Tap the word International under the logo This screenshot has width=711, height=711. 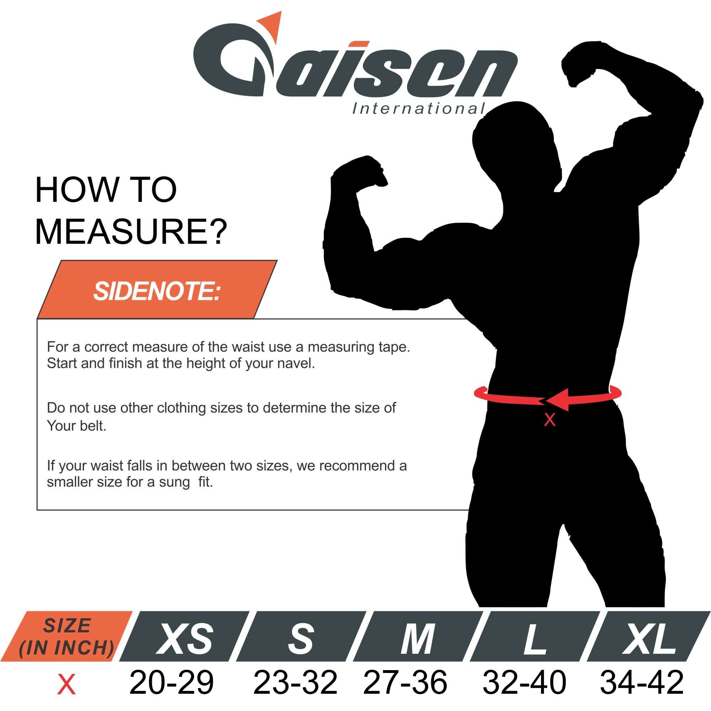pos(418,108)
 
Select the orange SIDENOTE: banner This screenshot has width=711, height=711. pos(157,290)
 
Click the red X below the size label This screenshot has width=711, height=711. pos(66,684)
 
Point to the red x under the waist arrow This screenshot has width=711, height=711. pos(550,420)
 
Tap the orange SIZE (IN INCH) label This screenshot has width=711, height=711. pos(66,637)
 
